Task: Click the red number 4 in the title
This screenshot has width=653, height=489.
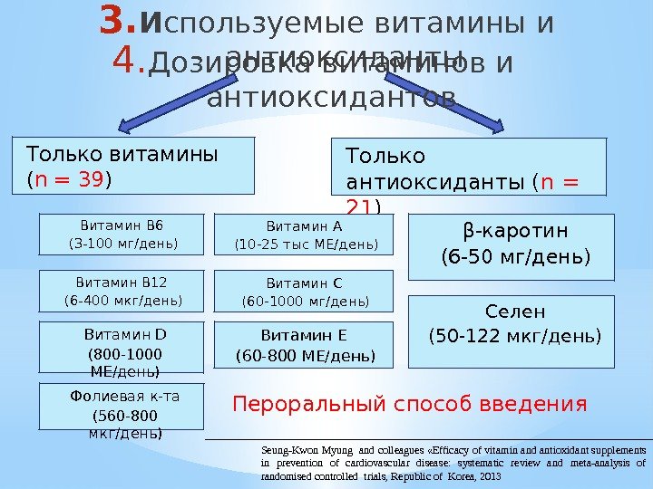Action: click(129, 64)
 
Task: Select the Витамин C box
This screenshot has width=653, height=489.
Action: click(305, 291)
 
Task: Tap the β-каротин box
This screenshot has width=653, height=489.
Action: click(515, 246)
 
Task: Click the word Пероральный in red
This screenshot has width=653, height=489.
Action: click(299, 402)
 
